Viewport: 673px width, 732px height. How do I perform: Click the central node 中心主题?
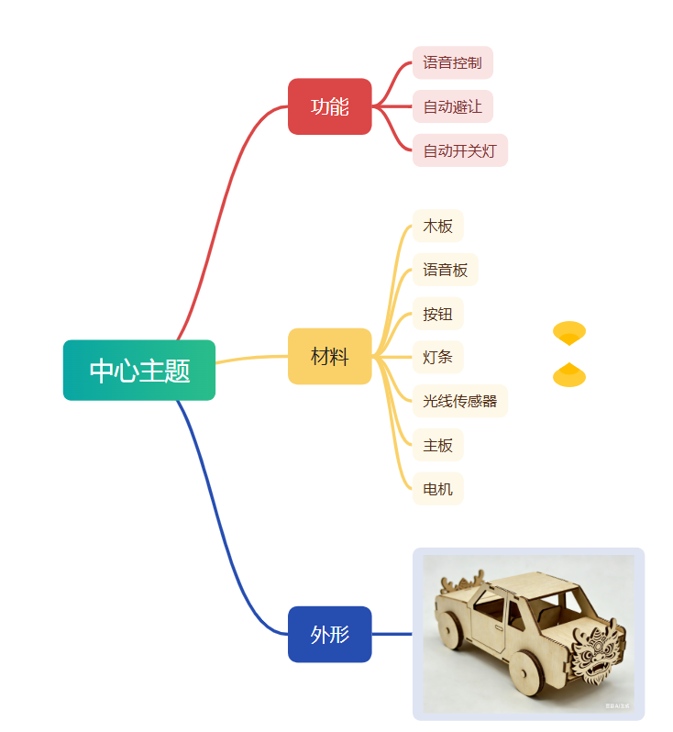point(139,371)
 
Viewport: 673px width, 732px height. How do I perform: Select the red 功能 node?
point(329,106)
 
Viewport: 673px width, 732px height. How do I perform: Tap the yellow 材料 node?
point(329,356)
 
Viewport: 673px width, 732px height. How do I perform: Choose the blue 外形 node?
point(329,634)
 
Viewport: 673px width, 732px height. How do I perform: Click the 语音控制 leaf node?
point(452,63)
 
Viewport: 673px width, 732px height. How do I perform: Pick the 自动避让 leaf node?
point(452,106)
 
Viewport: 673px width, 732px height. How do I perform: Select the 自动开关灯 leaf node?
point(459,150)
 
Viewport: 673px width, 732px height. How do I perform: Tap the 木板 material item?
point(437,226)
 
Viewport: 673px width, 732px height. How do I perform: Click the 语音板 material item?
point(445,270)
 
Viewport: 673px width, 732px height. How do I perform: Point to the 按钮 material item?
point(437,314)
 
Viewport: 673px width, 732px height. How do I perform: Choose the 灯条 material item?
point(437,357)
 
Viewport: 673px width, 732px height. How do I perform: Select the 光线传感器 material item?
point(459,401)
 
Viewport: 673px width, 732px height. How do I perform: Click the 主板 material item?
point(437,445)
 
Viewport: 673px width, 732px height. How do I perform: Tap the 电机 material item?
point(437,489)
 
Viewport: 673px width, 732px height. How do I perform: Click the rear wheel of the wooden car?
point(449,628)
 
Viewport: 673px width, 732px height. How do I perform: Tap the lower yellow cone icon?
point(569,375)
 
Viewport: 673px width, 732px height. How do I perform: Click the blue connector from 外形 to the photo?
point(392,634)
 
